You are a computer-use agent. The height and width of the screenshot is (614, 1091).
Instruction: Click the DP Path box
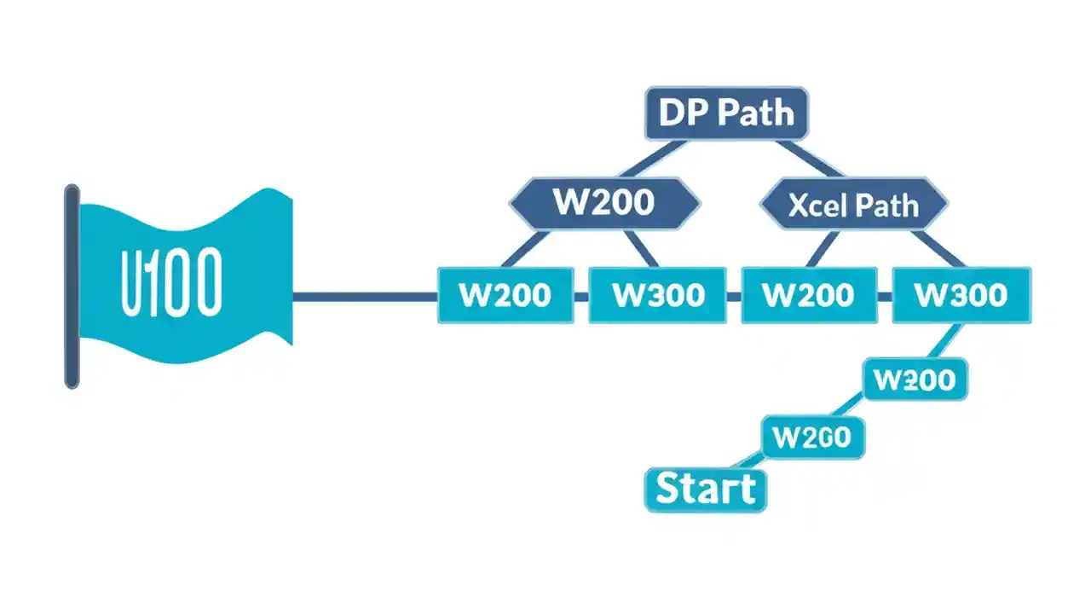coord(727,113)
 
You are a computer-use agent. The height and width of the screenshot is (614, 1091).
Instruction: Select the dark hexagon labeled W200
coord(605,203)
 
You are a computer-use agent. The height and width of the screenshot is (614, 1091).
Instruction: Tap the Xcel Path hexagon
coord(854,204)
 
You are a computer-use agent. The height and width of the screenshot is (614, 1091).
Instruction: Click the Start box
coord(706,489)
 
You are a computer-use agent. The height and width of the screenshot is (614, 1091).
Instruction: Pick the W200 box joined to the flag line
coord(505,295)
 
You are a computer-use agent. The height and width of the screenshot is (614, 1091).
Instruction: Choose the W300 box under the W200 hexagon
coord(657,295)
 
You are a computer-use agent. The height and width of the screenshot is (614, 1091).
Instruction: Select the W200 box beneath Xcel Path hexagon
coord(809,295)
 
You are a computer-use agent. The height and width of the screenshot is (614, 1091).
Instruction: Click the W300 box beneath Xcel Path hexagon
coord(961,295)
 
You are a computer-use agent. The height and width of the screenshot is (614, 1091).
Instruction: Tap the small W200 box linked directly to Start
coord(813,437)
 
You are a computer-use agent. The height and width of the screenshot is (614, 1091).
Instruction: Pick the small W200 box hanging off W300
coord(915,379)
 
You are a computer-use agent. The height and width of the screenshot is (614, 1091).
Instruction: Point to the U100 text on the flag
coord(171,281)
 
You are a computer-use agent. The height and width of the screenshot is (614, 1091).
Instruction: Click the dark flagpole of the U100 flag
coord(72,287)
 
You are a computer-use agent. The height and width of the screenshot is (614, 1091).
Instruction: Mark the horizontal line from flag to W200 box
coord(366,297)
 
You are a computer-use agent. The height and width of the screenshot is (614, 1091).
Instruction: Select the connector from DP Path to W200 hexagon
coord(653,159)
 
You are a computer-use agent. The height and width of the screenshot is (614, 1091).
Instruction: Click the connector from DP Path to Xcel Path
coord(809,159)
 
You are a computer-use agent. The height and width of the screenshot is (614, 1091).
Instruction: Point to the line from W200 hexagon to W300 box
coord(642,248)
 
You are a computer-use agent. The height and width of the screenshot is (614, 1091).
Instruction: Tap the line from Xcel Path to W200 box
coord(823,248)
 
